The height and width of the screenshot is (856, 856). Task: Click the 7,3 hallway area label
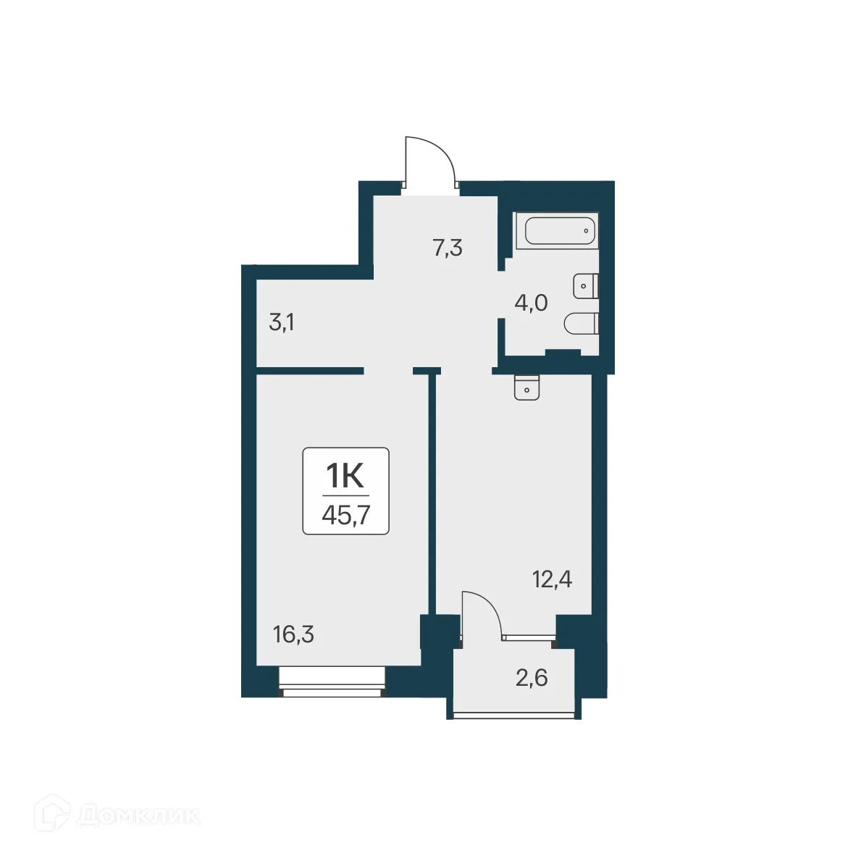point(447,248)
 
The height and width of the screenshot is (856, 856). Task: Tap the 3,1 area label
point(281,322)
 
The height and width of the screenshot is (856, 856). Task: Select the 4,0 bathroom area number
point(530,303)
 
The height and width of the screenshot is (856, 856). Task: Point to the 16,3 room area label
point(293,635)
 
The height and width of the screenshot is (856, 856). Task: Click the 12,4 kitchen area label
point(552,579)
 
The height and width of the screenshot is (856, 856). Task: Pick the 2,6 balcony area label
point(532,678)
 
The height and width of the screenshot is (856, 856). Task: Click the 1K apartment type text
point(345,476)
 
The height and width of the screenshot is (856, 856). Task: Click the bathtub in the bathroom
point(560,232)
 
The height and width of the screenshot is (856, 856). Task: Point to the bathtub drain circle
point(586,232)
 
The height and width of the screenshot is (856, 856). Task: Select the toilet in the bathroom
point(582,324)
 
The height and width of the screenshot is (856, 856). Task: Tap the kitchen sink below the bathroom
point(526,387)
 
